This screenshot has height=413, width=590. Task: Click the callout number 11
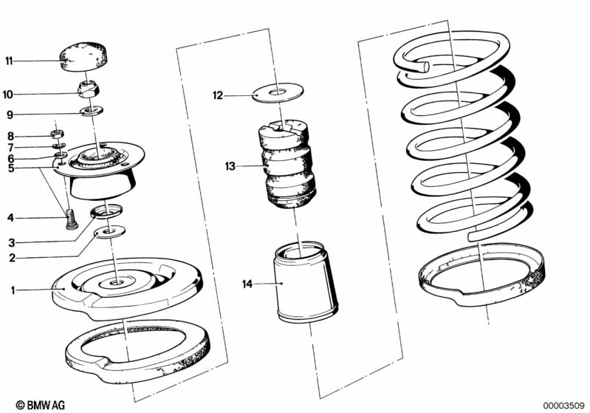tap(9, 61)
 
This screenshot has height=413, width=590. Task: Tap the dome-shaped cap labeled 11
tap(83, 56)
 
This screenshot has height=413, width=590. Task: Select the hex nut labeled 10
tap(88, 89)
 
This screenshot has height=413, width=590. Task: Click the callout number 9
tap(10, 115)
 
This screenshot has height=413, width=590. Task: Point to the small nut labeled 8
tap(57, 133)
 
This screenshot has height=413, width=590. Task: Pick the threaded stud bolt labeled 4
tap(72, 219)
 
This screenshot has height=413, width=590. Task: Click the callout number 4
tap(10, 218)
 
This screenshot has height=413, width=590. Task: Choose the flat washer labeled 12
tap(278, 92)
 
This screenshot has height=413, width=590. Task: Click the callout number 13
tap(230, 166)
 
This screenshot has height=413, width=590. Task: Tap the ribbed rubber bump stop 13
tap(287, 165)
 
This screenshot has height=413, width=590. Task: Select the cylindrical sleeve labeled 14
tap(304, 282)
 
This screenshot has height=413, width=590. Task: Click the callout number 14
tap(247, 284)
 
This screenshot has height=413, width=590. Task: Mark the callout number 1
tap(13, 290)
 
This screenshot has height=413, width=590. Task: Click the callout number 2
tap(12, 258)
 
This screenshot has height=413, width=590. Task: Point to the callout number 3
tap(12, 243)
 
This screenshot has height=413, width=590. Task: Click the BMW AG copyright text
tap(41, 405)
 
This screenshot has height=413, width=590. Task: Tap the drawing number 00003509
tap(563, 406)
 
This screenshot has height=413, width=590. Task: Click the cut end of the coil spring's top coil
tap(425, 67)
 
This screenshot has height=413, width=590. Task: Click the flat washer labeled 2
tap(110, 231)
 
